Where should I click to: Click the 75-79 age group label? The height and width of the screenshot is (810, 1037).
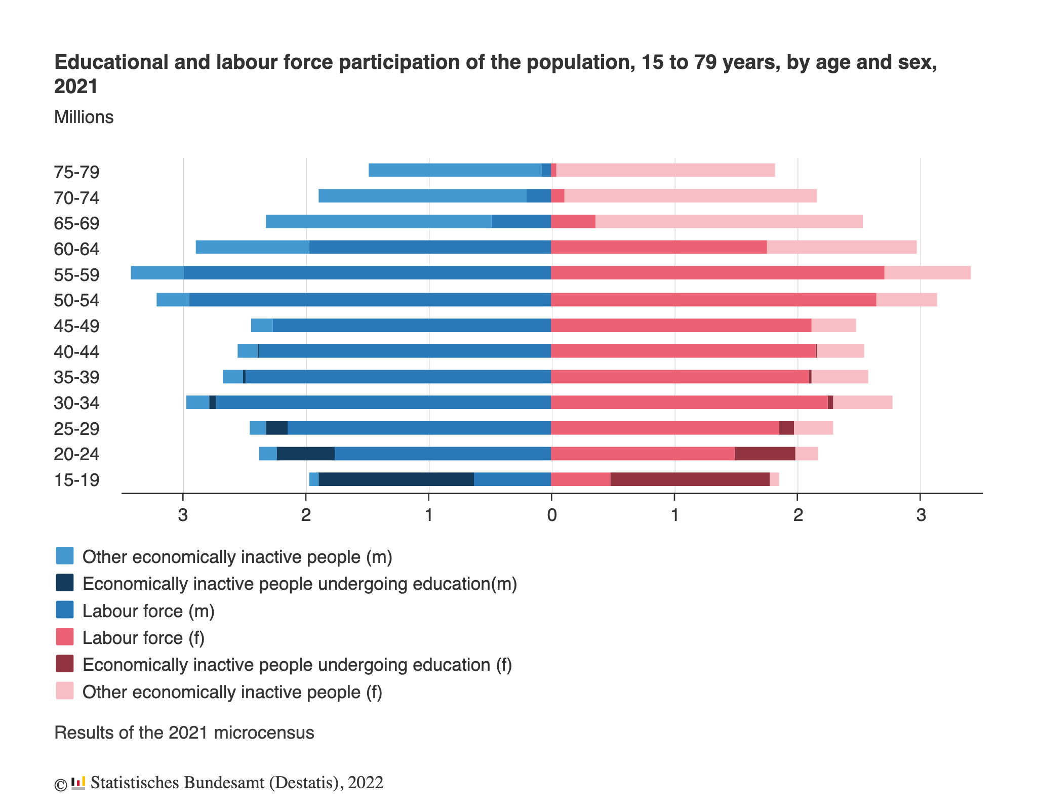(x=76, y=172)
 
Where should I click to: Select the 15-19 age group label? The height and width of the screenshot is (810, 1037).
(x=76, y=480)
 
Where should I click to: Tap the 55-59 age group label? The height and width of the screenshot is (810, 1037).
(x=76, y=275)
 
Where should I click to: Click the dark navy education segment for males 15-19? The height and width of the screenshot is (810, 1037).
(x=396, y=479)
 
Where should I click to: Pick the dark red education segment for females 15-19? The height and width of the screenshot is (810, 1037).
(x=690, y=479)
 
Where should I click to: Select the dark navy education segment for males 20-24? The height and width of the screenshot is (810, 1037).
(x=305, y=454)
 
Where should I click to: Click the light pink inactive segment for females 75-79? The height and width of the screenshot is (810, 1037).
(x=665, y=170)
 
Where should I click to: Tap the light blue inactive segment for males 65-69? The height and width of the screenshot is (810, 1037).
(x=378, y=221)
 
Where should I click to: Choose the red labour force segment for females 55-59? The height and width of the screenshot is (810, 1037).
(x=717, y=272)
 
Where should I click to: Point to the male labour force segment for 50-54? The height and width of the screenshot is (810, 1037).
(x=370, y=299)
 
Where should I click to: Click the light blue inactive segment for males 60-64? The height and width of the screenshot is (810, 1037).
(x=252, y=247)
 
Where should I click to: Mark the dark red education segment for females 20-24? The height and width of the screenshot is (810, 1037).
(x=765, y=454)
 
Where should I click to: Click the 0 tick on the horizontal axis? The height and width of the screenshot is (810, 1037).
(x=551, y=515)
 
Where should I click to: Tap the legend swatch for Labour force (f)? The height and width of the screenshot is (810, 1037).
(x=65, y=637)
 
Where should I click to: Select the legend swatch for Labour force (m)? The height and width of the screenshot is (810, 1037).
(x=65, y=610)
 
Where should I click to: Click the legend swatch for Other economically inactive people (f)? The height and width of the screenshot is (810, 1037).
(x=65, y=691)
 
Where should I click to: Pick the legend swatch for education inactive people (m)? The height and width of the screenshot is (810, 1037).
(x=65, y=583)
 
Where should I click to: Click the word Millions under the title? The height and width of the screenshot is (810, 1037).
(x=84, y=117)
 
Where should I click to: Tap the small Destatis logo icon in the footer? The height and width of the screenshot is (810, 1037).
(x=78, y=783)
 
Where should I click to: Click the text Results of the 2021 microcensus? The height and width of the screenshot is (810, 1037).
(x=184, y=733)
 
